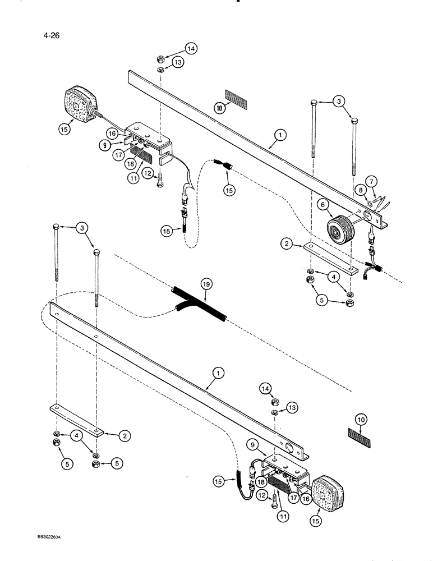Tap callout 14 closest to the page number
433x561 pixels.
tap(192, 49)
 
